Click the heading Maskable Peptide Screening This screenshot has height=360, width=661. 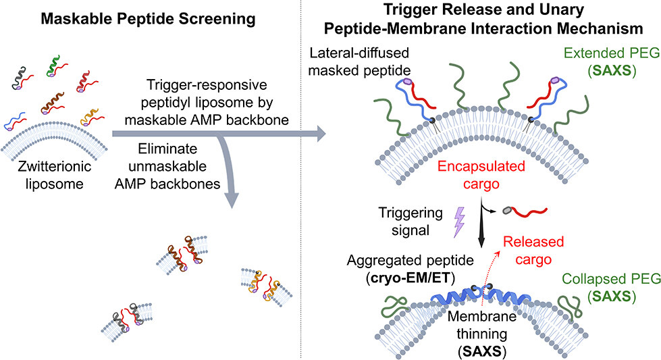pyautogui.click(x=148, y=20)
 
